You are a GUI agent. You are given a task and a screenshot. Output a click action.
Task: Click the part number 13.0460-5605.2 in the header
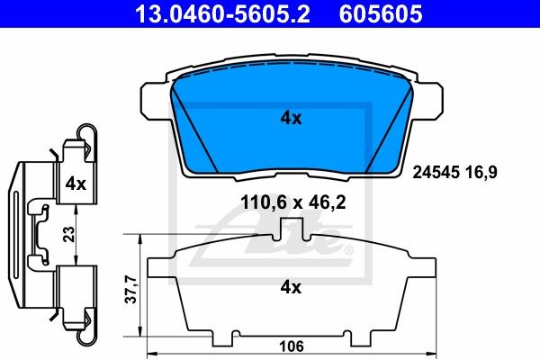(x=222, y=13)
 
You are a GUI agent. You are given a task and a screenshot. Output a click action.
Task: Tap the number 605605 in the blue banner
(x=381, y=13)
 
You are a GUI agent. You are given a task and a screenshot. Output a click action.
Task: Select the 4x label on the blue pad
(x=291, y=118)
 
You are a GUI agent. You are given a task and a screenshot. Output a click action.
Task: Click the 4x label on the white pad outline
(x=291, y=286)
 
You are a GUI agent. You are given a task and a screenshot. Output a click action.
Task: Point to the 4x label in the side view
(x=76, y=184)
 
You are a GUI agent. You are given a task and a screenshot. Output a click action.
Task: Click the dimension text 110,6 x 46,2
(x=293, y=202)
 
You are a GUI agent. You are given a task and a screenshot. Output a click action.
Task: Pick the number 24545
(x=436, y=172)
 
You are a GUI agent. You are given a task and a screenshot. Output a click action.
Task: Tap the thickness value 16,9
(x=481, y=172)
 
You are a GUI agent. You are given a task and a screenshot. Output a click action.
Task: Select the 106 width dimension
(x=292, y=346)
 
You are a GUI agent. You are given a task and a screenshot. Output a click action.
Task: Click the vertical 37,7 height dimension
(x=131, y=289)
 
